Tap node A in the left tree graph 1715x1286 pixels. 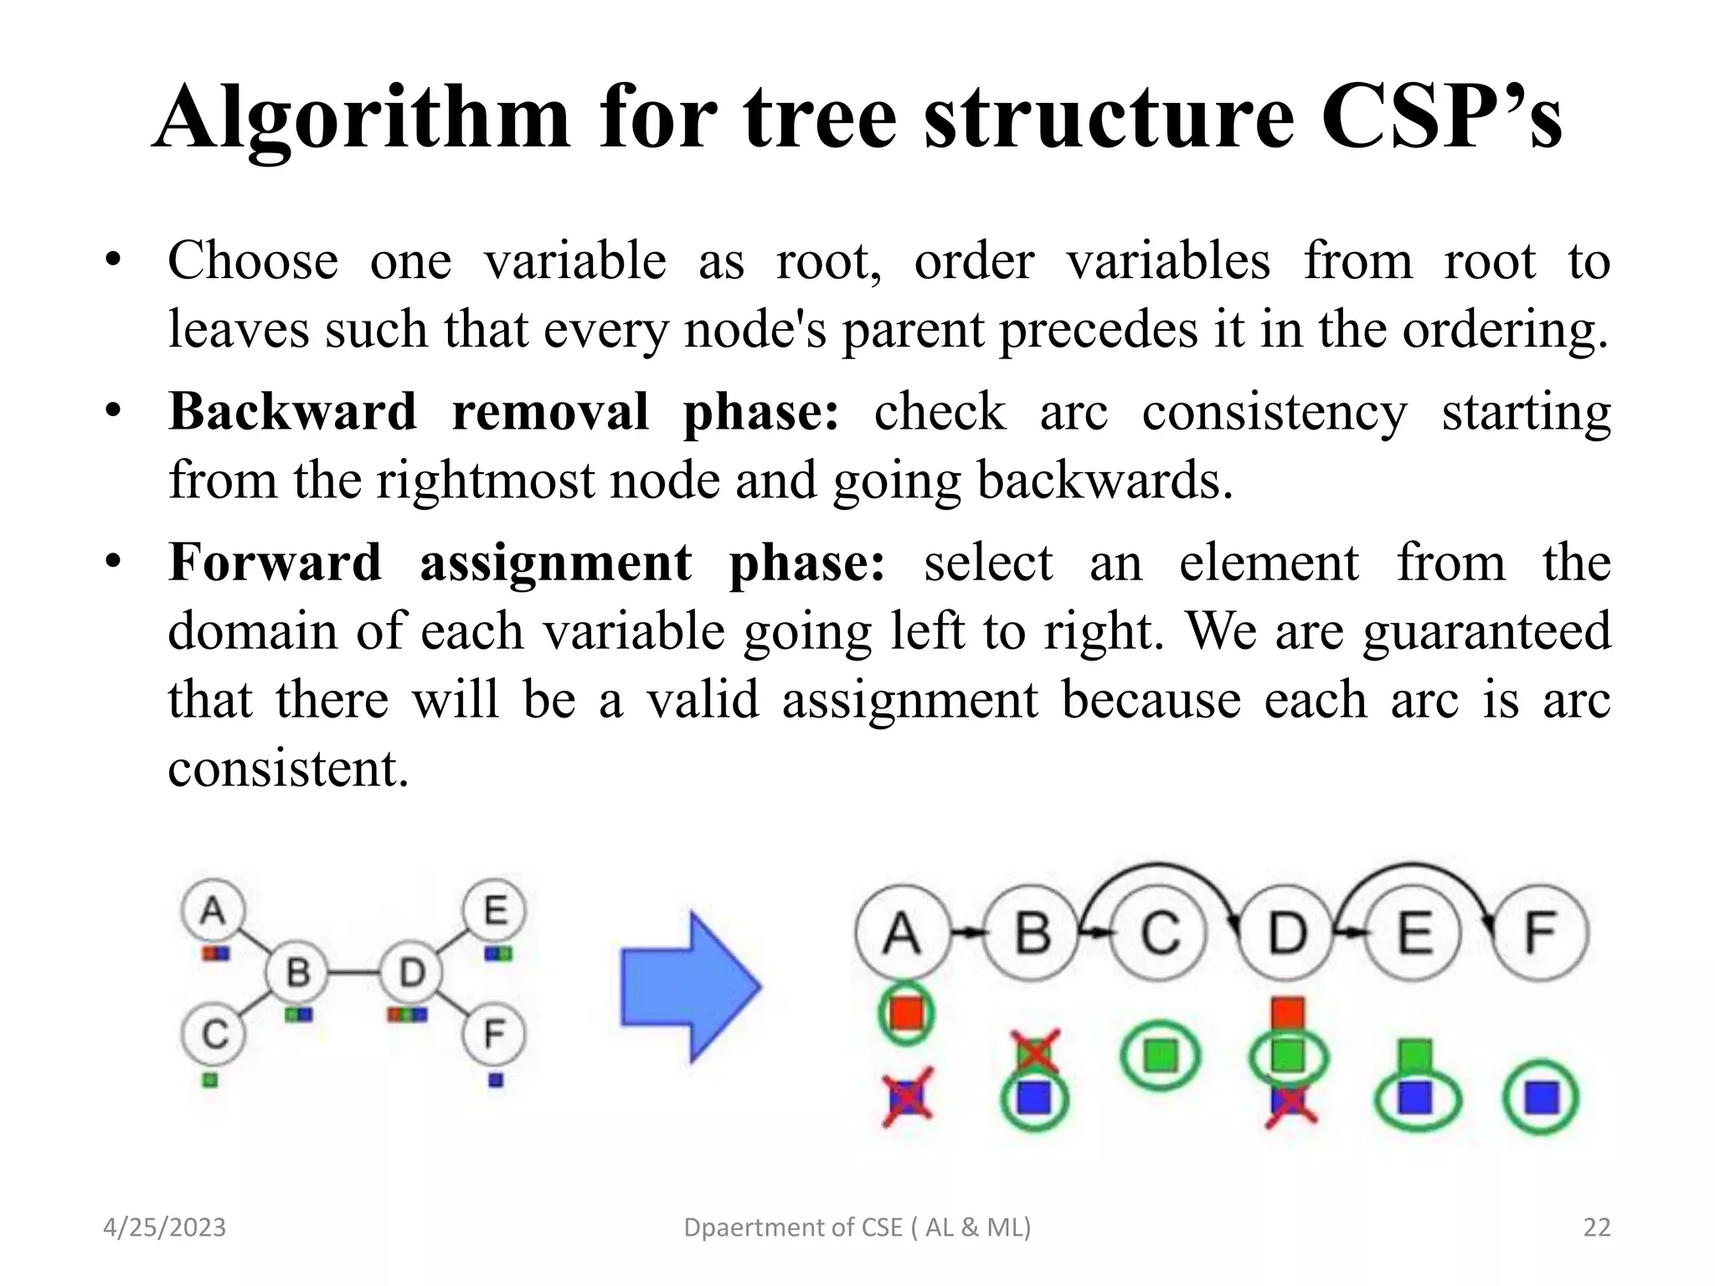point(213,910)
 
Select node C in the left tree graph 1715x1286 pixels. point(214,1035)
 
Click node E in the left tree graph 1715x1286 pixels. point(495,910)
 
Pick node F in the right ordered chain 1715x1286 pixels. point(1541,932)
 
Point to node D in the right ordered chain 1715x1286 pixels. point(1287,932)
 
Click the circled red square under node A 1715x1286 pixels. point(906,1012)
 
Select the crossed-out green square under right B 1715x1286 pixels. point(1034,1053)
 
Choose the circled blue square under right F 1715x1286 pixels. point(1541,1098)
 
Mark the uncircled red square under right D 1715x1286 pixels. point(1288,1012)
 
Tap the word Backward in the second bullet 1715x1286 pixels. point(292,411)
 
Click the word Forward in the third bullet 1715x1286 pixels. point(276,562)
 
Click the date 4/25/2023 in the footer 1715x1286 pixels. point(164,1227)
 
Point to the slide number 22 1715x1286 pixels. point(1597,1227)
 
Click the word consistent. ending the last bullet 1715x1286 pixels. point(289,768)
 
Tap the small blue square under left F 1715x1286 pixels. point(496,1080)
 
